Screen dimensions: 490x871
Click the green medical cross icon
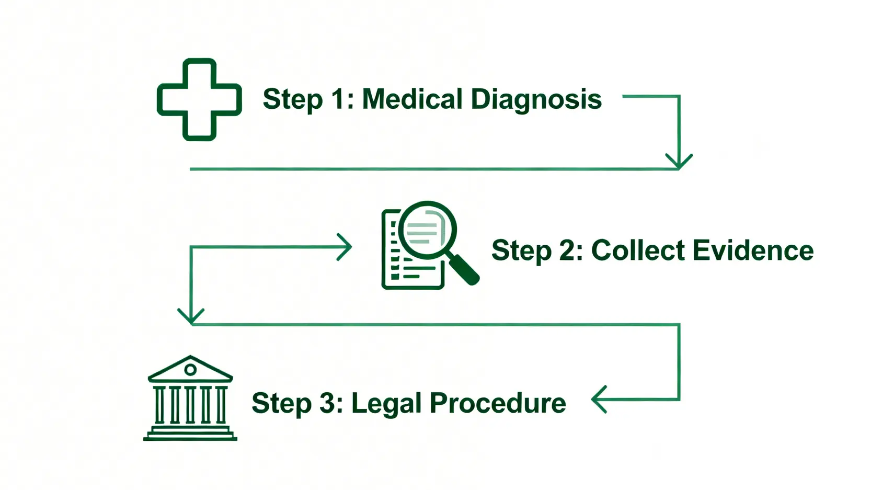pos(199,99)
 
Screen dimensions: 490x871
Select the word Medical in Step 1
pos(412,99)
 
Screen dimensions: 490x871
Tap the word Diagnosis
pos(536,99)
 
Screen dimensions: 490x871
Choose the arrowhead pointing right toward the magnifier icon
pos(346,246)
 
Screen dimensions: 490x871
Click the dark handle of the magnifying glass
pos(464,269)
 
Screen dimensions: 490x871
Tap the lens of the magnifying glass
pos(427,230)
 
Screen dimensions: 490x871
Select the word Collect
pos(638,250)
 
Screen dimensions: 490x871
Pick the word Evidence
pos(753,250)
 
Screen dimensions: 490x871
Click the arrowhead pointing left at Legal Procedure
pos(599,400)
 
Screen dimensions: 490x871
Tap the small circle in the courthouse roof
pos(190,370)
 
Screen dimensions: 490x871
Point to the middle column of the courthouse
pos(190,404)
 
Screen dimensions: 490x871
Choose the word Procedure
pos(498,403)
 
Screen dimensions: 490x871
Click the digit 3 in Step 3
pos(328,403)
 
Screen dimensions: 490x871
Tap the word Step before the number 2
pos(521,250)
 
